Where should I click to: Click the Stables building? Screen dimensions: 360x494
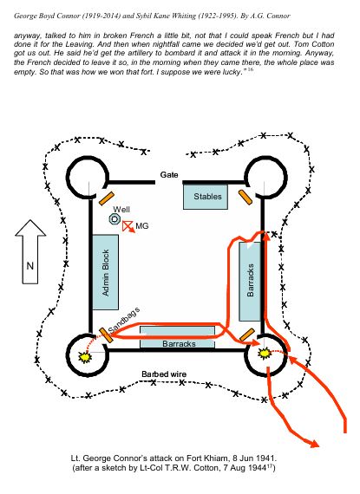pyautogui.click(x=206, y=197)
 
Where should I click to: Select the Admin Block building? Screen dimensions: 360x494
pyautogui.click(x=105, y=272)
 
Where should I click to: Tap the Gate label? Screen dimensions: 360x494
pyautogui.click(x=169, y=175)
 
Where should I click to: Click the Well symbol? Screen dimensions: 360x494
pyautogui.click(x=115, y=219)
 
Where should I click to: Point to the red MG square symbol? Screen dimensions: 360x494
pyautogui.click(x=128, y=225)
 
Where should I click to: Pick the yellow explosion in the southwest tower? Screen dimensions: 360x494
pyautogui.click(x=85, y=356)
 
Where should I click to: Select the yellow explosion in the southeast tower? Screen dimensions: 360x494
pyautogui.click(x=265, y=353)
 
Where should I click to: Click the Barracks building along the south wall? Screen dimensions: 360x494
pyautogui.click(x=177, y=338)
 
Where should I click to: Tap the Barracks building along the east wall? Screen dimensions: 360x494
pyautogui.click(x=250, y=282)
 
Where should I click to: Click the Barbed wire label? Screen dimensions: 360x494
pyautogui.click(x=164, y=374)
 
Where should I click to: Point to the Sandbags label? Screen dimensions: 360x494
pyautogui.click(x=124, y=319)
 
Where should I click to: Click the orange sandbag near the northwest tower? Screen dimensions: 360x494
pyautogui.click(x=106, y=198)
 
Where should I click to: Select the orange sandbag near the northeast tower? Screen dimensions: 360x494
pyautogui.click(x=245, y=198)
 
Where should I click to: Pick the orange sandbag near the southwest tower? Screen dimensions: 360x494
pyautogui.click(x=106, y=335)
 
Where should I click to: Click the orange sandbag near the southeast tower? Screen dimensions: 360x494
pyautogui.click(x=247, y=335)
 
